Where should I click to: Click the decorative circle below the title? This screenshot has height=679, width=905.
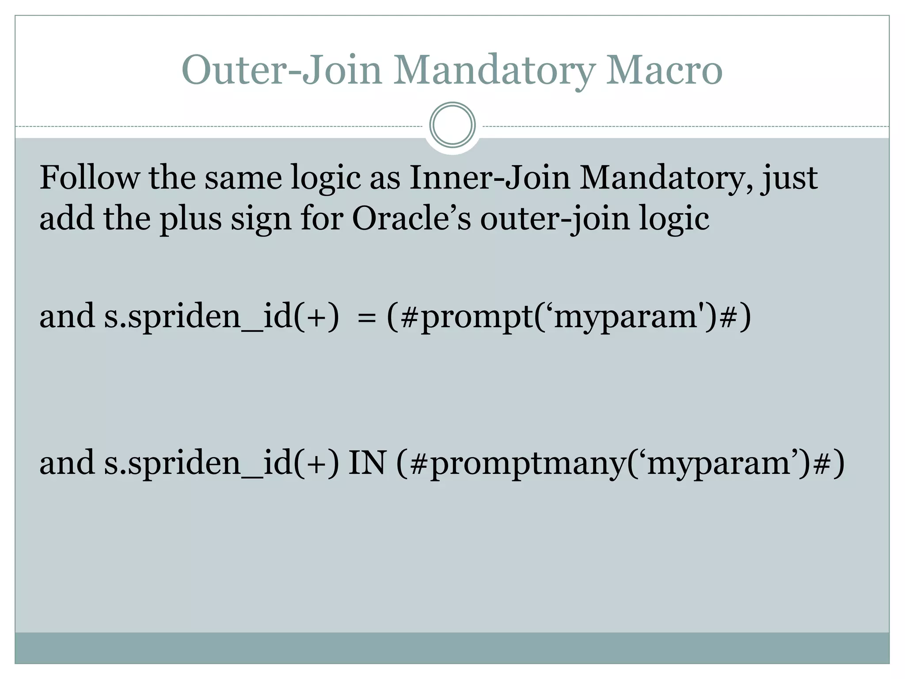coord(452,125)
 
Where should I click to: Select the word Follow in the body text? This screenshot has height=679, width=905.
coord(88,178)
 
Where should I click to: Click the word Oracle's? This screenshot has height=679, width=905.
coord(411,219)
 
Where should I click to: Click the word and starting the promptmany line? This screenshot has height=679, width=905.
coord(67,463)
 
